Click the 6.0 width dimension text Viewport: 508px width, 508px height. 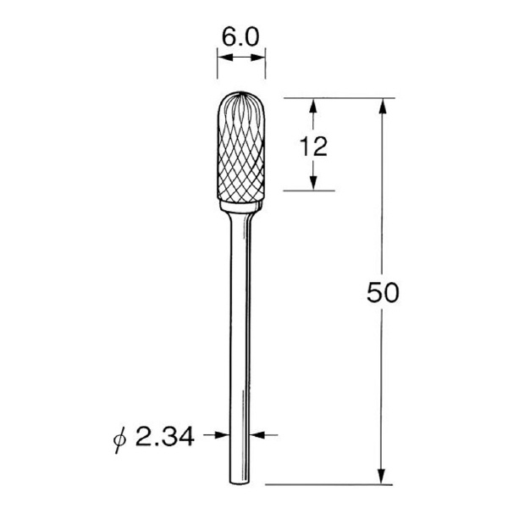coord(242,37)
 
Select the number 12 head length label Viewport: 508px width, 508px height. coord(313,146)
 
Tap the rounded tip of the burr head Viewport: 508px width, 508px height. coord(242,96)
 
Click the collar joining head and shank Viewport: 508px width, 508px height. coord(242,207)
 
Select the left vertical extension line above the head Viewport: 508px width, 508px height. coord(218,68)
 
